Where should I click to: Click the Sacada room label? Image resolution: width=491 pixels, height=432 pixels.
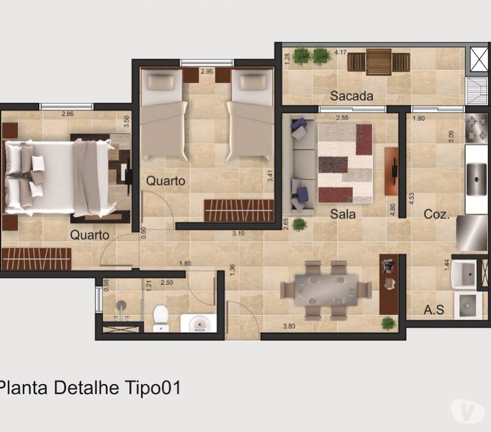point(351,96)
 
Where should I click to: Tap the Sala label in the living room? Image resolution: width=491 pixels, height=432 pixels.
point(343,214)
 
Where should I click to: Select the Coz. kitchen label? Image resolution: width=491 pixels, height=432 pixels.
point(436,214)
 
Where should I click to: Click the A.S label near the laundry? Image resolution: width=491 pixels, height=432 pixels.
point(434,310)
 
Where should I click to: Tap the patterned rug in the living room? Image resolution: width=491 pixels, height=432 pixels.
point(345,163)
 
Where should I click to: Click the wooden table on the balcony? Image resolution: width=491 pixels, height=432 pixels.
point(379,61)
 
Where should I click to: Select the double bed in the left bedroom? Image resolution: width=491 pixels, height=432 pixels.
point(58,177)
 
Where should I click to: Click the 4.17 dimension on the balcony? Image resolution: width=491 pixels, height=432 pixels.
point(341,53)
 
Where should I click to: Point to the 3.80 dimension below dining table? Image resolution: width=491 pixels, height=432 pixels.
point(288,326)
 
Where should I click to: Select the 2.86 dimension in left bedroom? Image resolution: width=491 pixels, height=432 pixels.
point(68,114)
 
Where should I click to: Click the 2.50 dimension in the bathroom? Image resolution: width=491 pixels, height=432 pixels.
point(167,283)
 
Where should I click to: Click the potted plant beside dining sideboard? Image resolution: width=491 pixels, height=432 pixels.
point(388,322)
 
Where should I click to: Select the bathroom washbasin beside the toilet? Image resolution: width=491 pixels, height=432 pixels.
point(198,323)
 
